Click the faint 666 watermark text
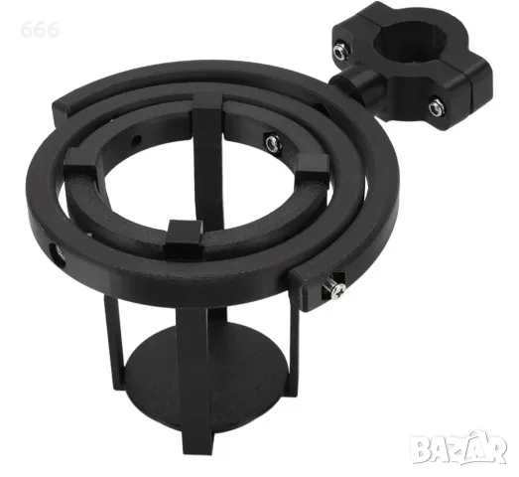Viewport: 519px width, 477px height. [x=40, y=29]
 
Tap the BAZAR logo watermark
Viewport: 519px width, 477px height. [x=458, y=447]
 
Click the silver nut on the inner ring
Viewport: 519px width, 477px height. [x=274, y=143]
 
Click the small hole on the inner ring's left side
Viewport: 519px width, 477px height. [x=137, y=141]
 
